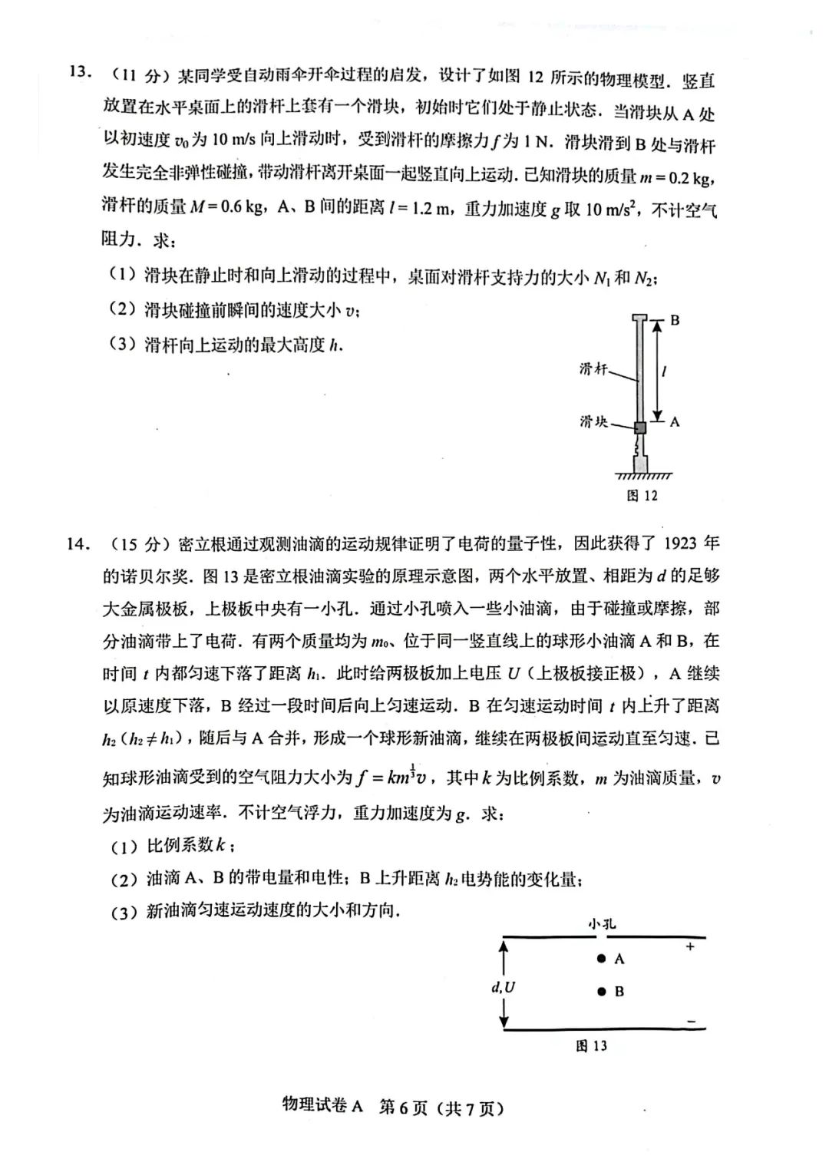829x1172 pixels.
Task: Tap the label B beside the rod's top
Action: pyautogui.click(x=675, y=320)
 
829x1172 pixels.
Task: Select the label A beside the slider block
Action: pyautogui.click(x=675, y=421)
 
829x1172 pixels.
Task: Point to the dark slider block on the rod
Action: pyautogui.click(x=639, y=427)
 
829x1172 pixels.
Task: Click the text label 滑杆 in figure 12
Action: pyautogui.click(x=593, y=369)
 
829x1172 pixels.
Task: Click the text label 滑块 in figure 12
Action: pyautogui.click(x=593, y=421)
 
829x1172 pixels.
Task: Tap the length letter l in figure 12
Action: pyautogui.click(x=664, y=371)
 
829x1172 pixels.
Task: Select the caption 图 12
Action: pyautogui.click(x=642, y=495)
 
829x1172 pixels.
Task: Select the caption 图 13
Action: pyautogui.click(x=591, y=1045)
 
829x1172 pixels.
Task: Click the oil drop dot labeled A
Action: pyautogui.click(x=602, y=958)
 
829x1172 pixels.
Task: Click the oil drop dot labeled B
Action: pyautogui.click(x=602, y=992)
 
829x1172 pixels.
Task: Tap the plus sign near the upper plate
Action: pyautogui.click(x=690, y=947)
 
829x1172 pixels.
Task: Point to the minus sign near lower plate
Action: pyautogui.click(x=691, y=1022)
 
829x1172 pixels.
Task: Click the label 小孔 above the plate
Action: pyautogui.click(x=602, y=923)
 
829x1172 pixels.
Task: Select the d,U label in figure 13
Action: pyautogui.click(x=503, y=987)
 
